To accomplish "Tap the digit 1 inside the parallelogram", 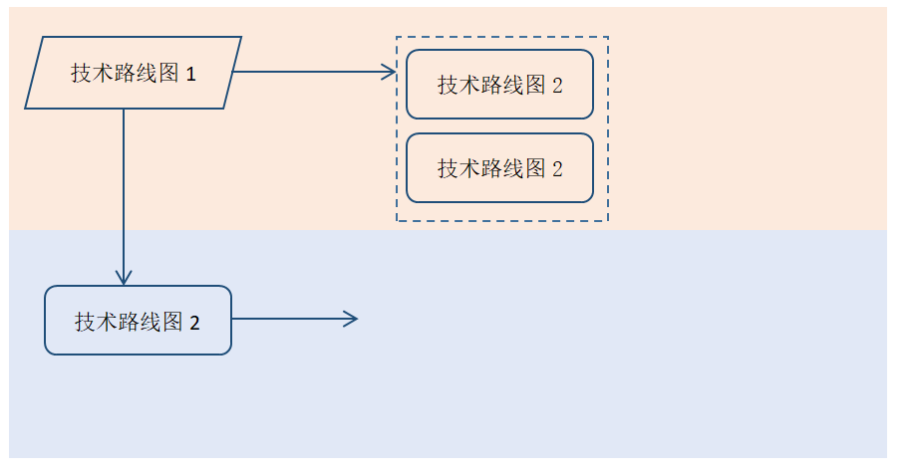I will coord(190,74).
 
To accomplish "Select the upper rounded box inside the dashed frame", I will coord(499,85).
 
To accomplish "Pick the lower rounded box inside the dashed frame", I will coord(499,168).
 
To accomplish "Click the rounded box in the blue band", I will coord(138,321).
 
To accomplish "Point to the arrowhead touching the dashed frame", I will coord(390,72).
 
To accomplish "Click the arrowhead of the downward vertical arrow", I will coord(124,278).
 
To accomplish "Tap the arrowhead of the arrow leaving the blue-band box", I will coord(351,319).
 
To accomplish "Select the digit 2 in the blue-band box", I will coord(194,323).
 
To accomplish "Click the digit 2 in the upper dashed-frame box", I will coord(557,86).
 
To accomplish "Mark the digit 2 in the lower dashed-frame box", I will coord(557,169).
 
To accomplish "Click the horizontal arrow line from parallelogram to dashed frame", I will coord(309,72).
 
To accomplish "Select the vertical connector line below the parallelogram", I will coord(124,189).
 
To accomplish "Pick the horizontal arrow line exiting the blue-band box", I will coord(289,319).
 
